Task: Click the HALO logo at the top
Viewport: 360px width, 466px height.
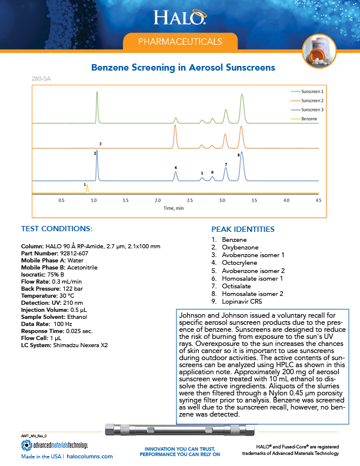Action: [179, 18]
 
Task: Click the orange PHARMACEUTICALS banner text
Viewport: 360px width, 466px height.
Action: [179, 42]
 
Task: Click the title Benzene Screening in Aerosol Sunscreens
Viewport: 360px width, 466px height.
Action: [183, 68]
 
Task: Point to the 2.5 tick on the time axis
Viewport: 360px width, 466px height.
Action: [190, 201]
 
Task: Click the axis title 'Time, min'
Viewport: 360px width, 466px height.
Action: [174, 208]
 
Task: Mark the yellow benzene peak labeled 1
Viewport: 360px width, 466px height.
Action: [87, 189]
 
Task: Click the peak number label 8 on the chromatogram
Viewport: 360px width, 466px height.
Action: [238, 155]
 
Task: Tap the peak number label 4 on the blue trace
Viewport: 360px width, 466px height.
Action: [175, 168]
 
